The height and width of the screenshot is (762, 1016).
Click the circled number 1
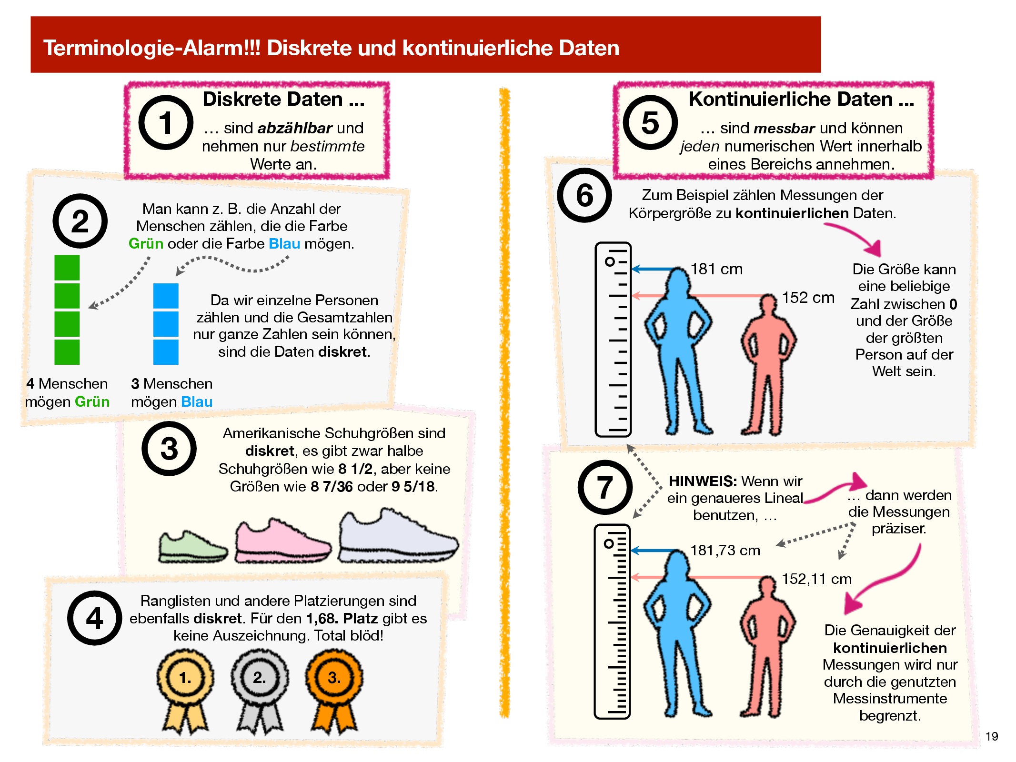(x=166, y=122)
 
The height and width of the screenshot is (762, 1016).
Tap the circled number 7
(x=605, y=487)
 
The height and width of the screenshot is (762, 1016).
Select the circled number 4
(x=94, y=618)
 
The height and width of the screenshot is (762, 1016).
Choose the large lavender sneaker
(x=398, y=536)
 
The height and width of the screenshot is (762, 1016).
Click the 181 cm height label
(x=716, y=269)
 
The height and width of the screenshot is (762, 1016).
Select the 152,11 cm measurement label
(x=816, y=579)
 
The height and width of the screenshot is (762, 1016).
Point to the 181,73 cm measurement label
(x=725, y=551)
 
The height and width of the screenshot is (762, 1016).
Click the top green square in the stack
(x=67, y=268)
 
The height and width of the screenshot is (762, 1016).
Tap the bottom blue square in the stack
(x=166, y=352)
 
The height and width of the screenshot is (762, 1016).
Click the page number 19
(x=991, y=736)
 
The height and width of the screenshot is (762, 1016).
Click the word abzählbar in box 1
(x=294, y=128)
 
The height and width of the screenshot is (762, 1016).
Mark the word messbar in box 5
(x=785, y=128)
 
